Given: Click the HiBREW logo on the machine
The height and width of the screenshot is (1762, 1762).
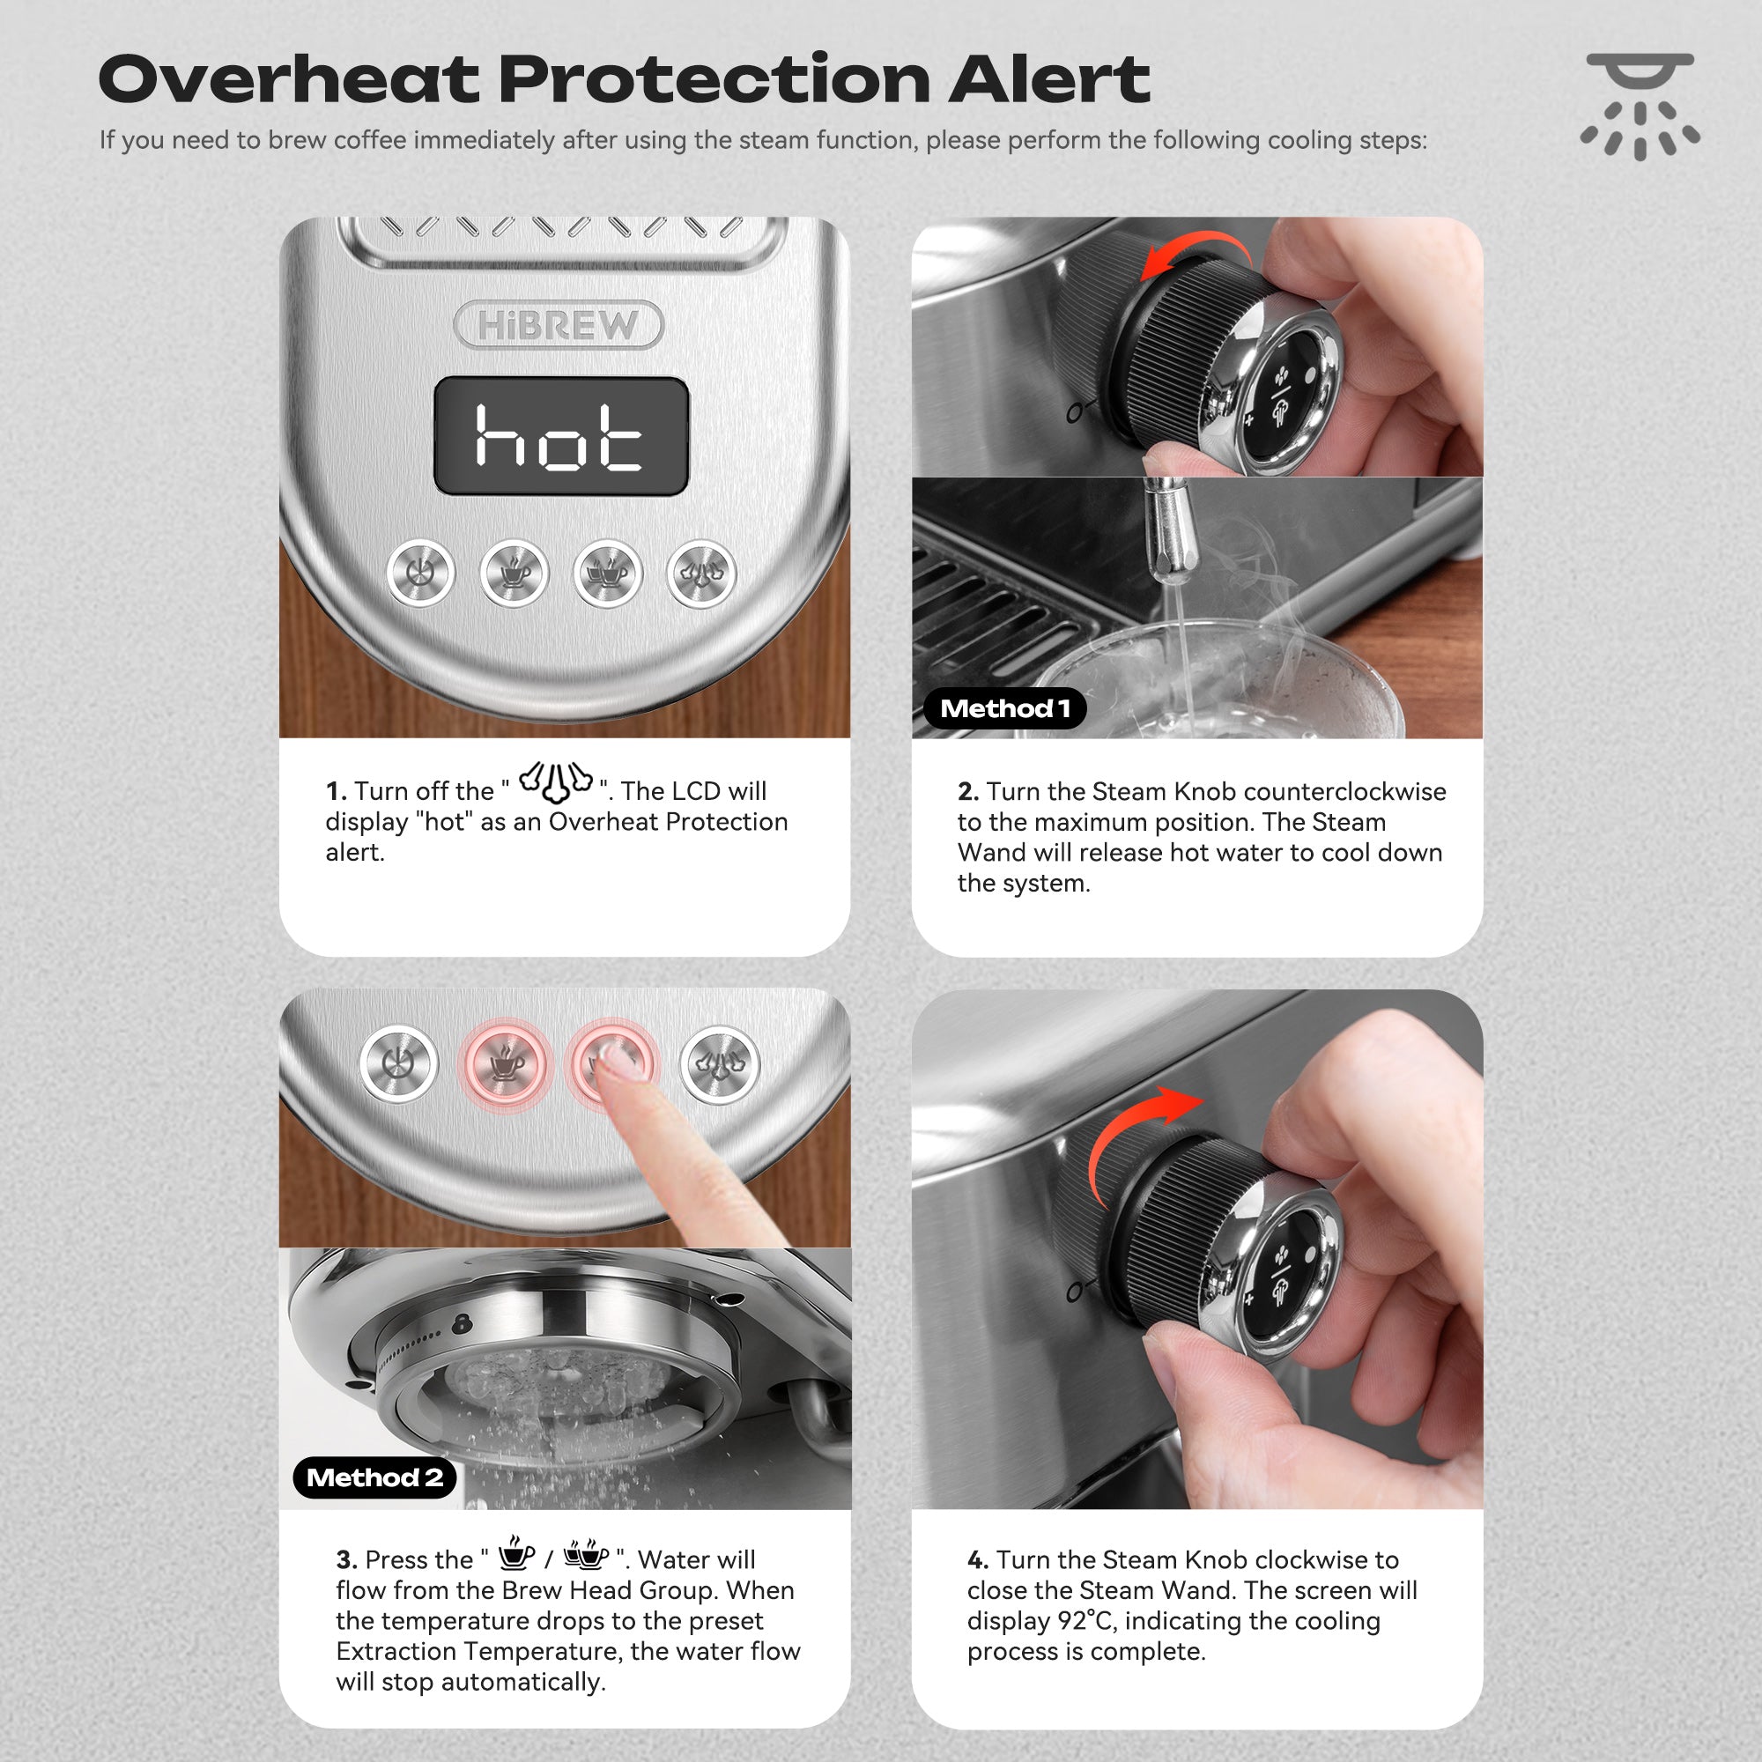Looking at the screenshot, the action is (x=559, y=325).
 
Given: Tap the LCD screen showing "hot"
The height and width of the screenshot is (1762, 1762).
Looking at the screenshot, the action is (x=561, y=436).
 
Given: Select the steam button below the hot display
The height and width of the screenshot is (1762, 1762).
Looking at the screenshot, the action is (x=701, y=574).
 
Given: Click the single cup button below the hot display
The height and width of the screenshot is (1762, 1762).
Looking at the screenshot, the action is (x=515, y=574).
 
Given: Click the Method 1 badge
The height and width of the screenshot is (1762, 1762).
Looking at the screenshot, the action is (x=1004, y=708).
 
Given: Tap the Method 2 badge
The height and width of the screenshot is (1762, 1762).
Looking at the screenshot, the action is (x=374, y=1477).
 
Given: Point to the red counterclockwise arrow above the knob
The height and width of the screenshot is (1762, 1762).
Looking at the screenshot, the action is (x=1196, y=251).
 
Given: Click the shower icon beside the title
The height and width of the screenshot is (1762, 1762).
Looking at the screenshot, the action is (x=1640, y=107).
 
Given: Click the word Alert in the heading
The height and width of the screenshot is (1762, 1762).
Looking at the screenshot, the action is (x=1048, y=79).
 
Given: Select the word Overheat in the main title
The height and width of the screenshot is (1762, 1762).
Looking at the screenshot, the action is (x=288, y=79).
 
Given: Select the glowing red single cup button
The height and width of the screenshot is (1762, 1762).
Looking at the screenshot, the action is (x=505, y=1064).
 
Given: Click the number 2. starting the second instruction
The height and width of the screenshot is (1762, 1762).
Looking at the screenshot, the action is (x=967, y=792).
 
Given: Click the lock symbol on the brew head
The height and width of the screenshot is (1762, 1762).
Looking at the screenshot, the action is (x=462, y=1321).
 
